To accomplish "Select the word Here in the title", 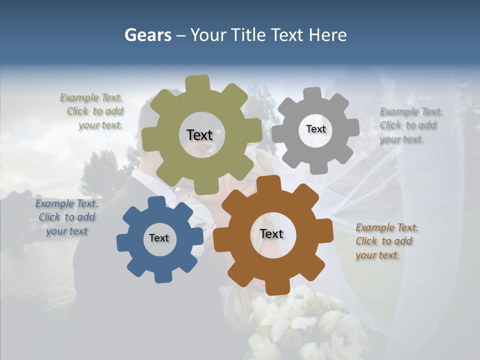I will (x=327, y=35).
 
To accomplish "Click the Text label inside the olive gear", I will (x=199, y=135).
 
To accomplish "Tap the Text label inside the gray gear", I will (x=315, y=129).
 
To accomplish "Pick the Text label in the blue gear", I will (x=159, y=238).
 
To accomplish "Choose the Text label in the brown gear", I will (x=271, y=233).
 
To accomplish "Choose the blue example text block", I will (x=66, y=217).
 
